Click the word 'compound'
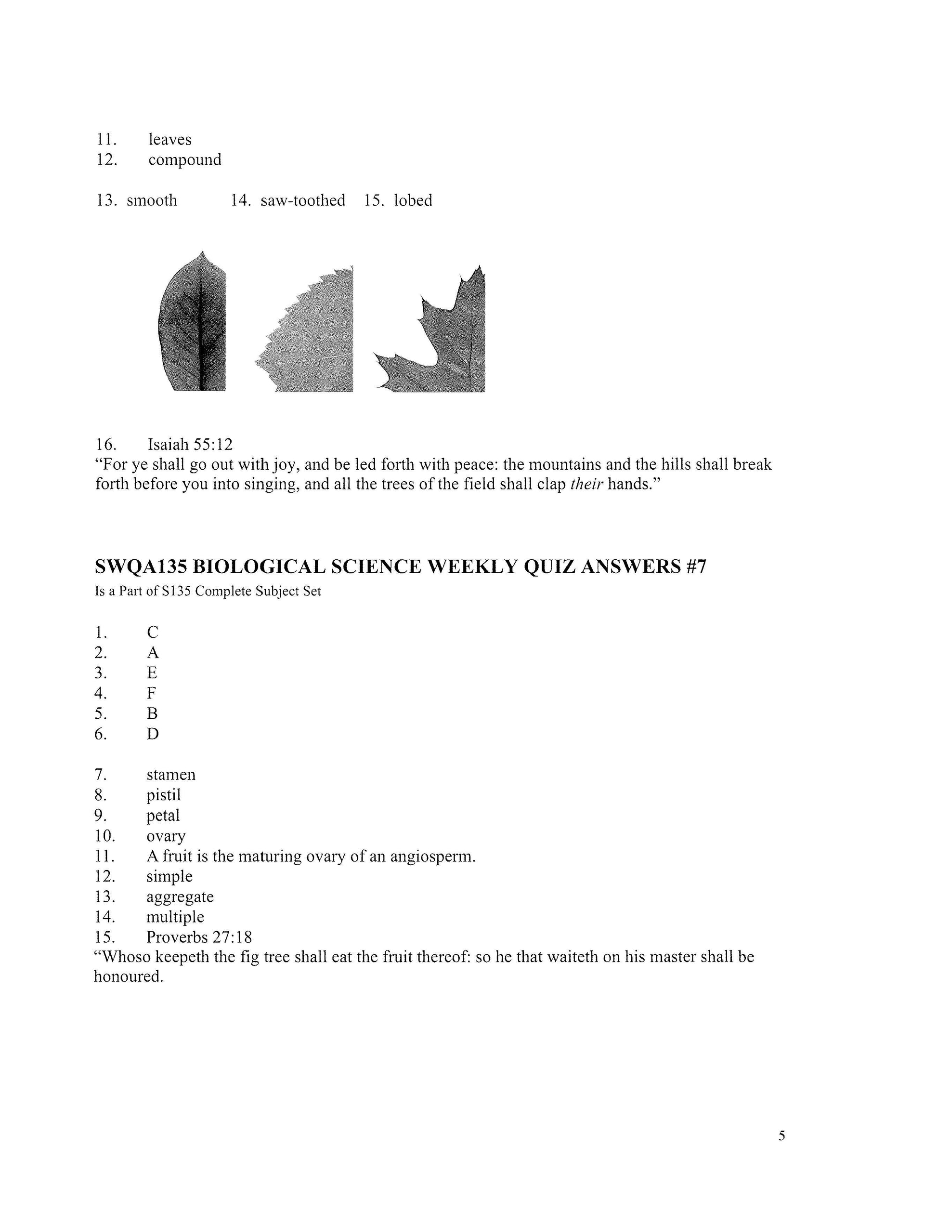pyautogui.click(x=185, y=160)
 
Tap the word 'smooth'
pyautogui.click(x=152, y=200)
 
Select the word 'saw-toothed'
pyautogui.click(x=302, y=200)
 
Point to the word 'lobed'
pyautogui.click(x=413, y=200)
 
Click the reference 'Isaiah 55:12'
pyautogui.click(x=190, y=444)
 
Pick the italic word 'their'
pyautogui.click(x=587, y=484)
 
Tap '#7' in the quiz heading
pyautogui.click(x=696, y=567)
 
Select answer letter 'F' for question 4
pyautogui.click(x=152, y=693)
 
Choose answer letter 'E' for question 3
pyautogui.click(x=152, y=673)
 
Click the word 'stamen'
pyautogui.click(x=171, y=775)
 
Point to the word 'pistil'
pyautogui.click(x=164, y=795)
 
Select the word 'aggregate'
pyautogui.click(x=180, y=897)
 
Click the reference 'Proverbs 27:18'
pyautogui.click(x=199, y=937)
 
